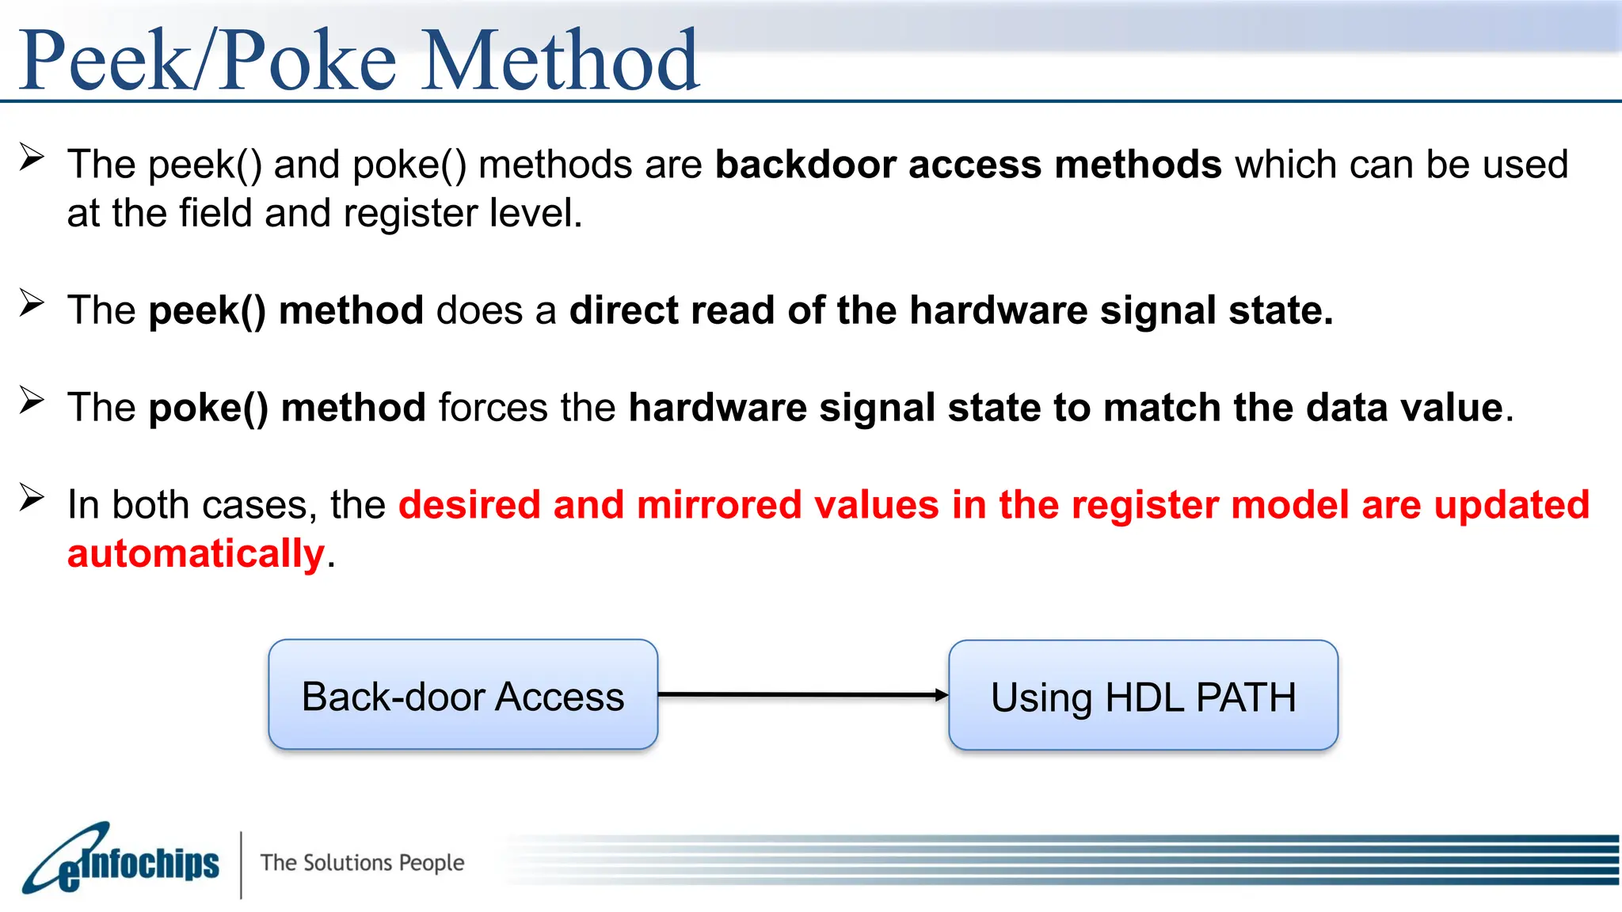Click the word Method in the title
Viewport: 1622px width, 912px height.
click(561, 61)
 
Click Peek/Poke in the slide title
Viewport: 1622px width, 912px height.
click(208, 61)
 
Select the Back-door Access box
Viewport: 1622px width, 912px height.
click(463, 695)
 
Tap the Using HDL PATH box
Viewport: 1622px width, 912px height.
click(1143, 696)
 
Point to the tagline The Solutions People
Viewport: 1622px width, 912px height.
click(362, 862)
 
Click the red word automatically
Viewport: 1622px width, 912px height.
click(196, 553)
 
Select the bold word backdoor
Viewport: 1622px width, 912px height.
click(805, 165)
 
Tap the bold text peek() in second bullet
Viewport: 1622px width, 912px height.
click(208, 310)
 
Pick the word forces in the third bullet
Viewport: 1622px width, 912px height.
click(493, 408)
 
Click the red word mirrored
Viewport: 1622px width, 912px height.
click(718, 505)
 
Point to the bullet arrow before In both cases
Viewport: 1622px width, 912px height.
click(32, 498)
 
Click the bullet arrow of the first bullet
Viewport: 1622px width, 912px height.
click(32, 158)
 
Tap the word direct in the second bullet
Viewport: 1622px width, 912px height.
click(623, 310)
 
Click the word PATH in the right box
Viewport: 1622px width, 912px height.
click(1246, 698)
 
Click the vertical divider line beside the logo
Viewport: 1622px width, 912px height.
click(241, 864)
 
